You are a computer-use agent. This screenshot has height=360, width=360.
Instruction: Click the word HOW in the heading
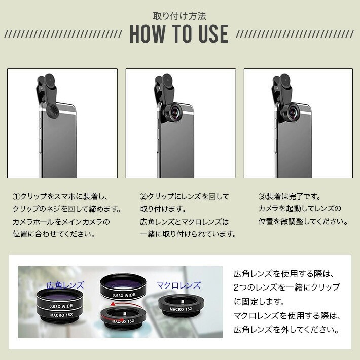click(148, 34)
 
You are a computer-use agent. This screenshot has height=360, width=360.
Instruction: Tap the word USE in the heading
click(213, 34)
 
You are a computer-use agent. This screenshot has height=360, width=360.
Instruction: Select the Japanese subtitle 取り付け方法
click(179, 16)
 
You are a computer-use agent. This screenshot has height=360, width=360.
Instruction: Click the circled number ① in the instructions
click(17, 197)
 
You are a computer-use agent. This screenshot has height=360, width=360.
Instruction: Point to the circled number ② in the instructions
click(143, 197)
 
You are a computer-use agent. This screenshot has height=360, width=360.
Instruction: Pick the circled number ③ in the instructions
click(262, 197)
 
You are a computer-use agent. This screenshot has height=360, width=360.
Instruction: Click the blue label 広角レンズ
click(65, 285)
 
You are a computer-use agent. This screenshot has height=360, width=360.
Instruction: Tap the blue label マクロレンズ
click(178, 285)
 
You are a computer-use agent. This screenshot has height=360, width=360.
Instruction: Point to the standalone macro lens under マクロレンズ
click(181, 306)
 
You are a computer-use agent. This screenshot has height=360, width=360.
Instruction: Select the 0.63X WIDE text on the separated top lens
click(124, 295)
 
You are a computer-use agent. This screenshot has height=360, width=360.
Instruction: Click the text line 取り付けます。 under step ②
click(163, 209)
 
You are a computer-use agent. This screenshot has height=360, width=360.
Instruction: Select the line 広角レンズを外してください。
click(286, 330)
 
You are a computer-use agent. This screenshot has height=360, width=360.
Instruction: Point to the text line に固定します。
click(259, 302)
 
